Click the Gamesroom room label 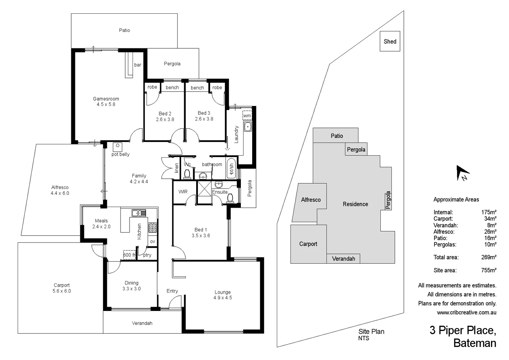106,99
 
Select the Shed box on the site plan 390,41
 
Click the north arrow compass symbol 463,173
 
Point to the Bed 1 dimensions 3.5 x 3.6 201,236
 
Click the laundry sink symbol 248,127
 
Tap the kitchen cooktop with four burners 152,227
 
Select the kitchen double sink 139,213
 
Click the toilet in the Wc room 187,174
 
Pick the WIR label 183,192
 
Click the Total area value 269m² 489,257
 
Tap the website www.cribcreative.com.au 466,313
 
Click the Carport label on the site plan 308,244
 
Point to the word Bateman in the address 475,343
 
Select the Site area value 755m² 489,270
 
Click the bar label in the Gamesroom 138,65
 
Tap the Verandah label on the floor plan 142,323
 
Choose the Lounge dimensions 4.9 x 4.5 223,298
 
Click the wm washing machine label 247,116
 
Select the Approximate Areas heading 456,200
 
